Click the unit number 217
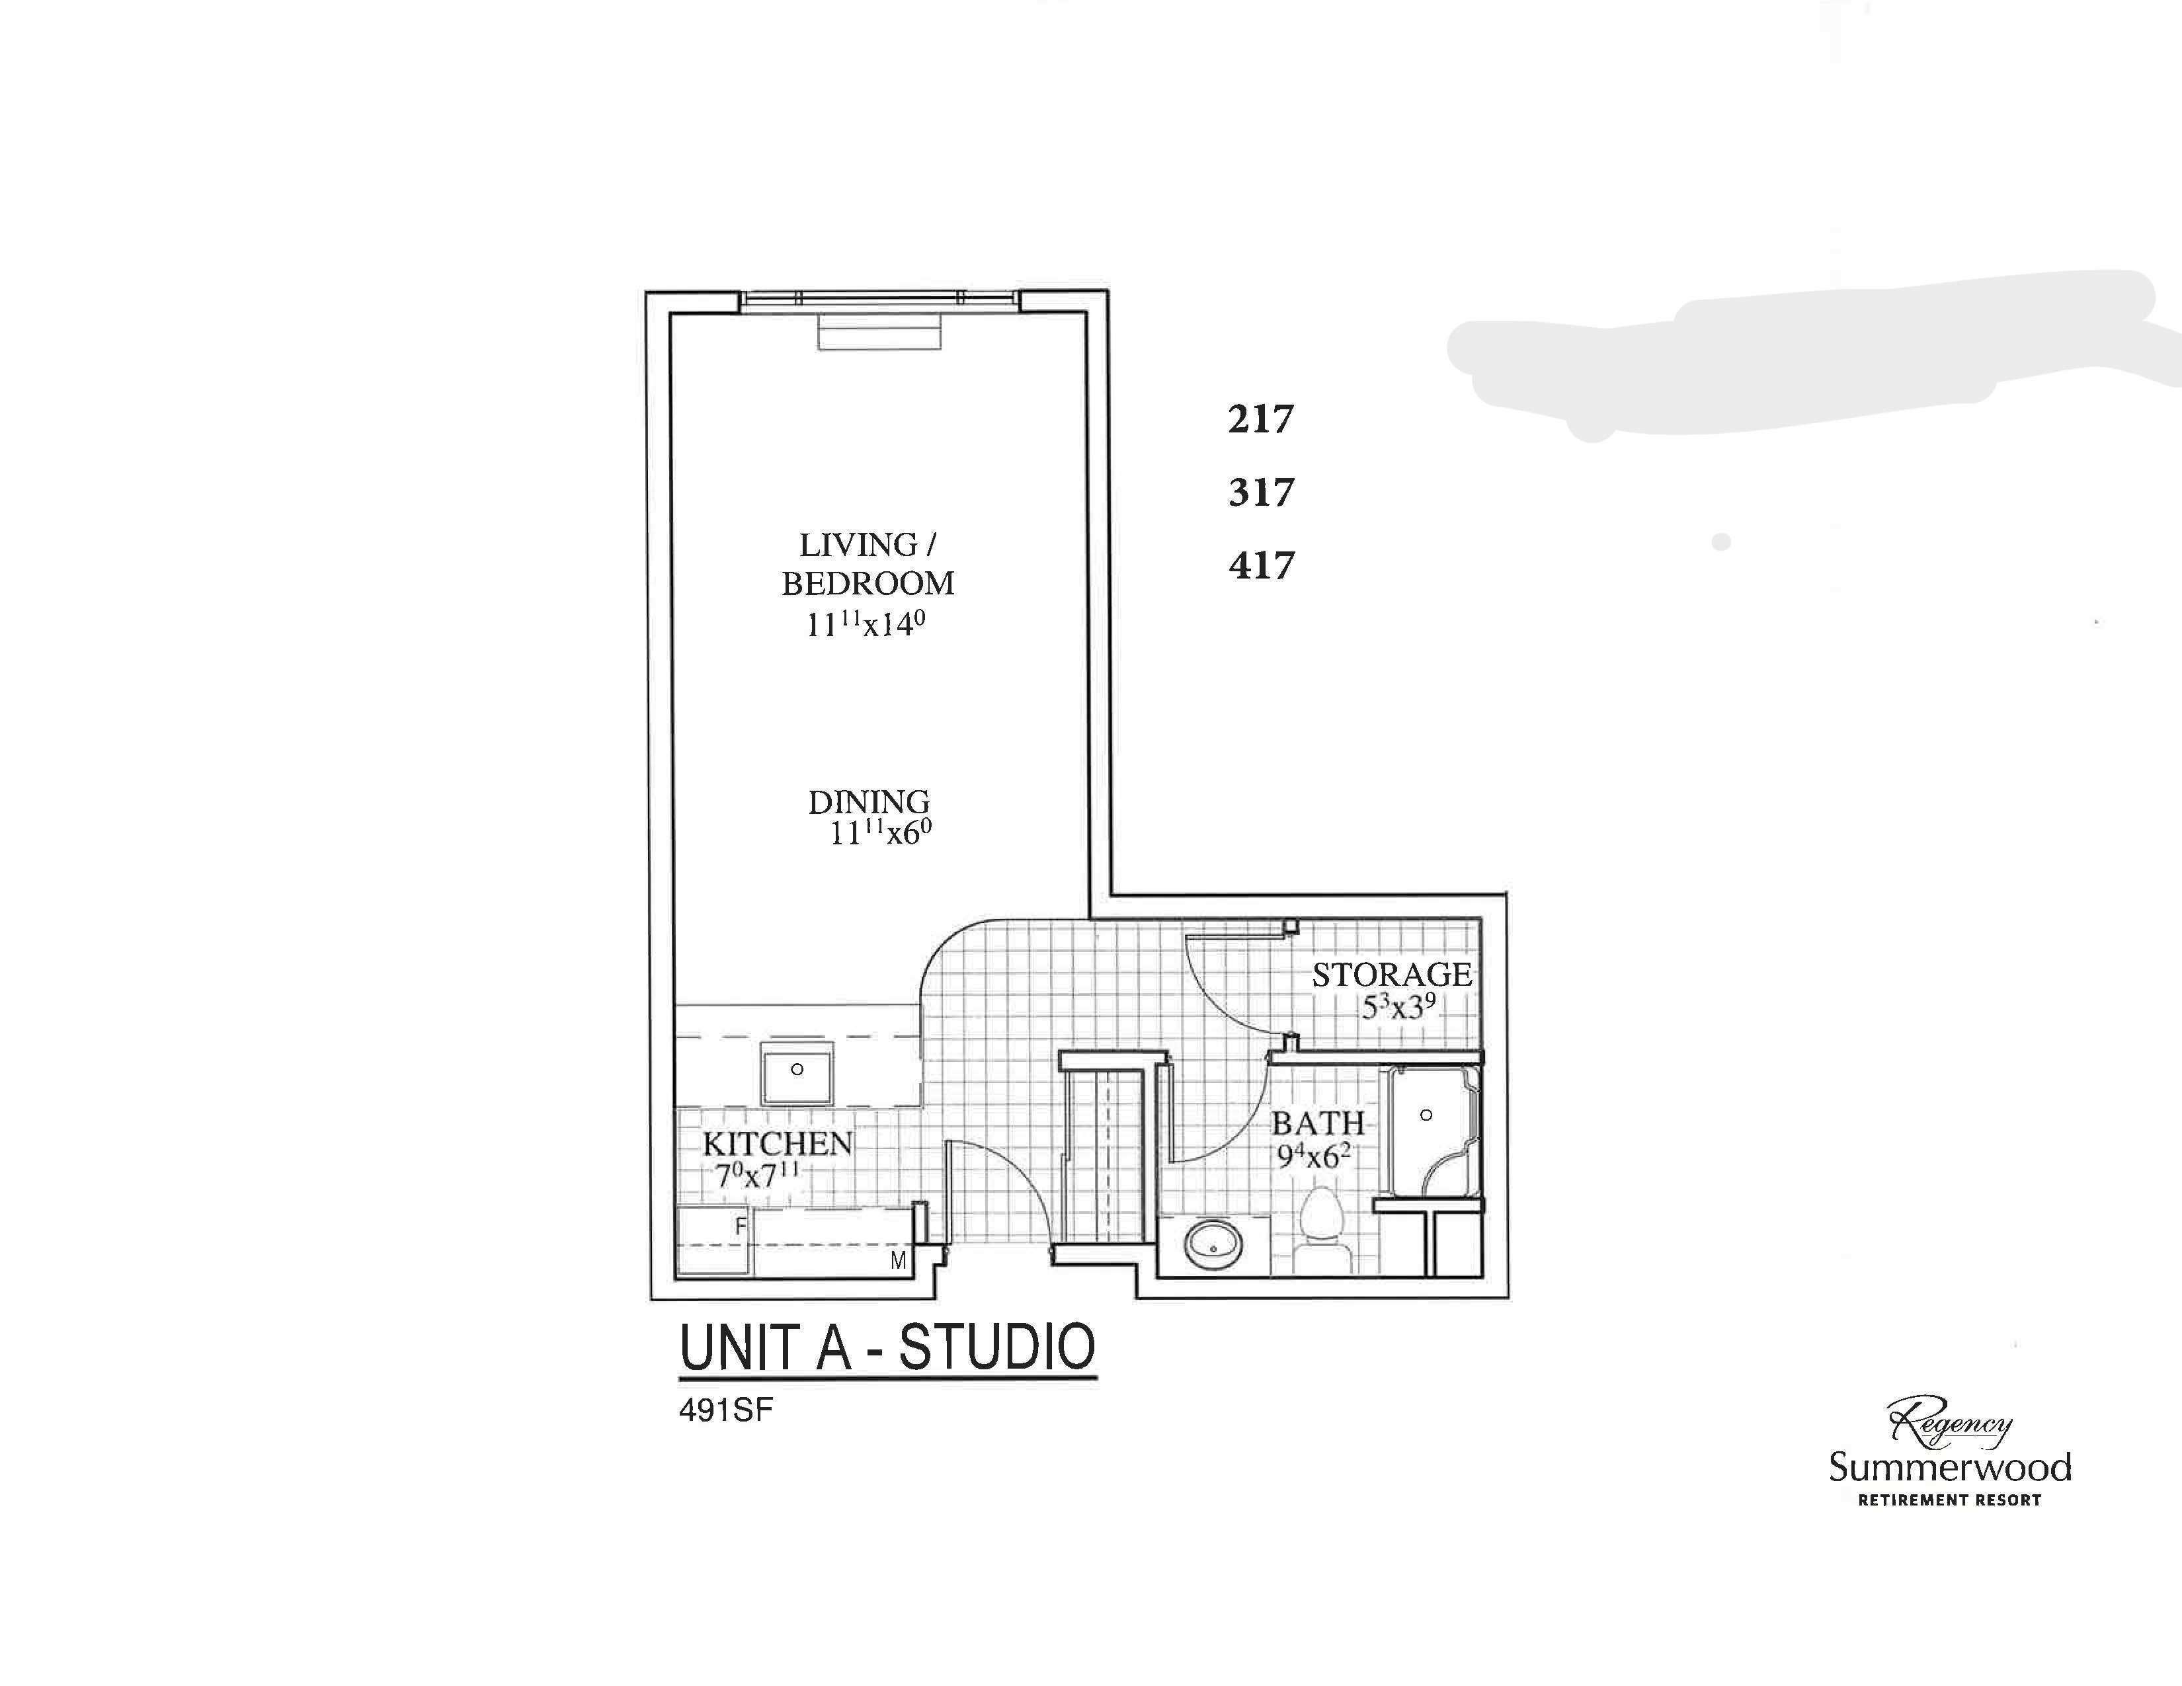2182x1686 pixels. (x=1261, y=419)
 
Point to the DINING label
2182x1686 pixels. (x=868, y=802)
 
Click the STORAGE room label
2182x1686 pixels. (x=1392, y=975)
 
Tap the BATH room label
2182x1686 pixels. (x=1318, y=1123)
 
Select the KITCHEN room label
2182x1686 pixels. (x=778, y=1144)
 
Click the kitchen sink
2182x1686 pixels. (x=796, y=1072)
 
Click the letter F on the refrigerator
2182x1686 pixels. (x=741, y=1226)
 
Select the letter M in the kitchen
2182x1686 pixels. (x=898, y=1260)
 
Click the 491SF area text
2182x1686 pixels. (x=726, y=1412)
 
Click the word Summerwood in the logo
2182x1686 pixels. (x=1949, y=1467)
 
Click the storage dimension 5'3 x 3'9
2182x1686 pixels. (x=1398, y=1007)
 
